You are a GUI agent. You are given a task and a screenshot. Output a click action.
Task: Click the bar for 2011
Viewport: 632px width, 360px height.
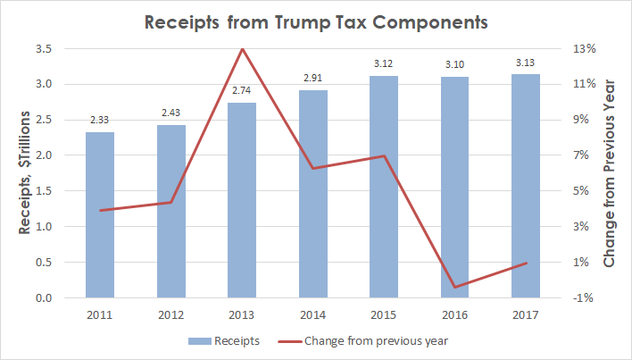pyautogui.click(x=100, y=214)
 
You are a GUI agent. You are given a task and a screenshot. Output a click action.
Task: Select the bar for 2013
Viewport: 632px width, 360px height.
pyautogui.click(x=242, y=200)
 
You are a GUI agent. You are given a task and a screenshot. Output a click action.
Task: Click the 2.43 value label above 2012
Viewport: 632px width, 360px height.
pyautogui.click(x=171, y=113)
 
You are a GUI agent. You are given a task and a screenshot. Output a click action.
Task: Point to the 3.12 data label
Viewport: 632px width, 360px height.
pyautogui.click(x=385, y=64)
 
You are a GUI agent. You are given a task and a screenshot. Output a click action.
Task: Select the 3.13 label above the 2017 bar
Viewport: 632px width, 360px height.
pyautogui.click(x=527, y=63)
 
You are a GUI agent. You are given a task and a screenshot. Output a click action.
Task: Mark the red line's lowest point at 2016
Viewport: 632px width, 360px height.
pyautogui.click(x=455, y=288)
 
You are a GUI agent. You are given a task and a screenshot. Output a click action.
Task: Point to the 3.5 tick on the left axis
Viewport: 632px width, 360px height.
pyautogui.click(x=43, y=48)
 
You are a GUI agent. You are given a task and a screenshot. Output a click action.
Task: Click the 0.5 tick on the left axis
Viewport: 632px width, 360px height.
pyautogui.click(x=43, y=263)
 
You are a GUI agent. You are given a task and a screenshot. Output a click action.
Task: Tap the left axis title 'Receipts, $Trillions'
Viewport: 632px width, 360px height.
pyautogui.click(x=26, y=173)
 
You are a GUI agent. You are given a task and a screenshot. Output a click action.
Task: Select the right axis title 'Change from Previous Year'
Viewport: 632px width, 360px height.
pyautogui.click(x=610, y=173)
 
